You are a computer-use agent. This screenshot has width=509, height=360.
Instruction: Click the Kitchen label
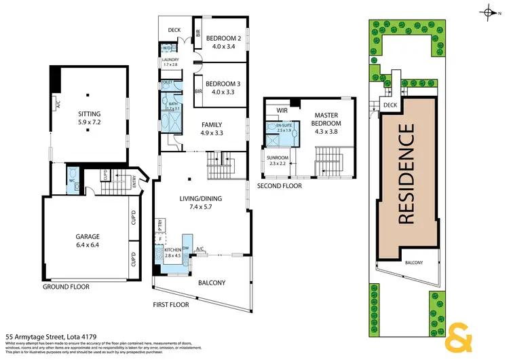click(174, 253)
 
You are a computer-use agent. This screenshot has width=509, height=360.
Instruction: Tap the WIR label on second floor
click(282, 110)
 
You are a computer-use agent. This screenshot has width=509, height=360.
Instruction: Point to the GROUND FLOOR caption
click(67, 287)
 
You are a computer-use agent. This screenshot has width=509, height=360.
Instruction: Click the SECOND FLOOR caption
click(278, 185)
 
